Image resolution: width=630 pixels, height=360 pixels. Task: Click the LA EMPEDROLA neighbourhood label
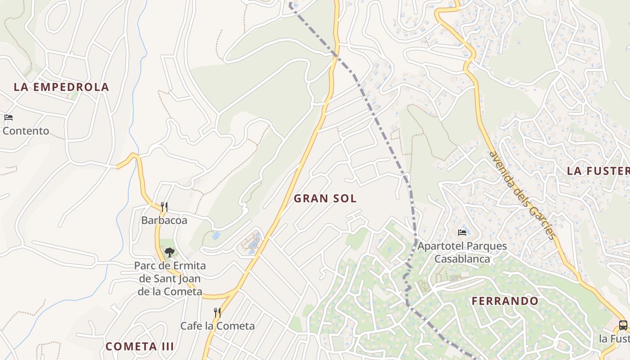(61, 87)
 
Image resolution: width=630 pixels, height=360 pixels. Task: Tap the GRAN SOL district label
(325, 198)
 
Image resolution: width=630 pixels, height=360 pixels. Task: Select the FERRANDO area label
(505, 301)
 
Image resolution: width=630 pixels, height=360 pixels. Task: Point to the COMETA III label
(139, 346)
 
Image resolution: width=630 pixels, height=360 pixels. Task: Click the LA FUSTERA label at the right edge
(598, 171)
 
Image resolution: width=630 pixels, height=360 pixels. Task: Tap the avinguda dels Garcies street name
(523, 194)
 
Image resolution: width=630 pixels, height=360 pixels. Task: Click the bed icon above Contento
(8, 118)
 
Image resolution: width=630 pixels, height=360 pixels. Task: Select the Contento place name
(26, 131)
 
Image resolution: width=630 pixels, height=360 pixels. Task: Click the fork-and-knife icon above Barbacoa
(164, 207)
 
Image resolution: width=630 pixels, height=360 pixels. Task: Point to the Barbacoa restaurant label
(164, 220)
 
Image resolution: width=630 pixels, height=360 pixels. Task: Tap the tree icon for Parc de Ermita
(169, 252)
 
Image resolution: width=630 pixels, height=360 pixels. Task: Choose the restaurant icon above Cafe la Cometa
(217, 312)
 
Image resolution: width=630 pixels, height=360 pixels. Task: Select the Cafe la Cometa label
(217, 326)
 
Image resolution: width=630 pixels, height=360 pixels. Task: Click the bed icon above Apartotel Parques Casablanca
(462, 233)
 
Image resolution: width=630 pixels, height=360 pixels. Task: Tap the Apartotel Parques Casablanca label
(462, 252)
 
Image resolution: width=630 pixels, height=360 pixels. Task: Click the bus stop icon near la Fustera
(623, 325)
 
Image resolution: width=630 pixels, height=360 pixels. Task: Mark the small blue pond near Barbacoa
(216, 235)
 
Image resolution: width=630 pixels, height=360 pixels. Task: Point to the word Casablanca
(462, 259)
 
